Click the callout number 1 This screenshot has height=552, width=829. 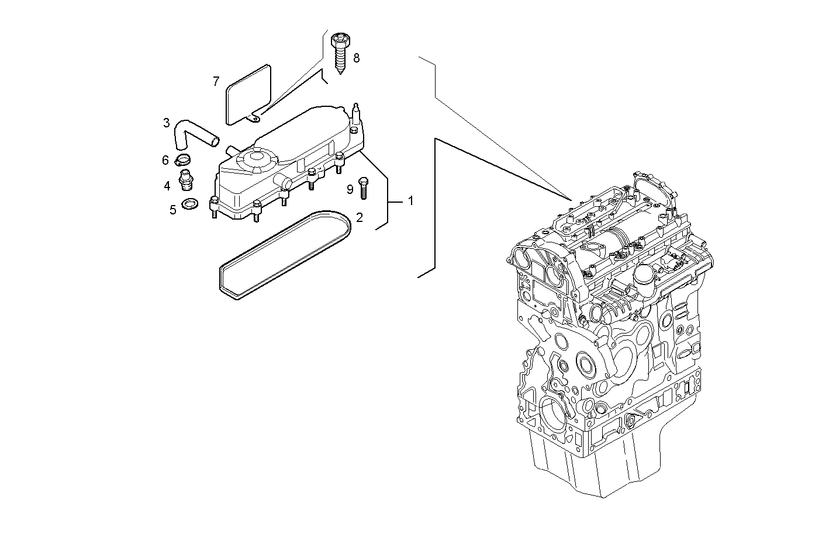click(x=410, y=200)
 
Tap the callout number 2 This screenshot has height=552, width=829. click(x=360, y=218)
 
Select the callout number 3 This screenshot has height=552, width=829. click(x=167, y=123)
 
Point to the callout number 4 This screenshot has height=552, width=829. click(x=167, y=186)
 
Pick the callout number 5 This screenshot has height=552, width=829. click(x=172, y=210)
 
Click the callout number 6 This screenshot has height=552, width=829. click(x=165, y=159)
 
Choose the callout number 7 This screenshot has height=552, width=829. click(x=216, y=81)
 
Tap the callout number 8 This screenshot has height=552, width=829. click(x=356, y=58)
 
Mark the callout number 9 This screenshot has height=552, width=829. click(x=350, y=189)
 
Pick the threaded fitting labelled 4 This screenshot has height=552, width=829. click(x=186, y=180)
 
